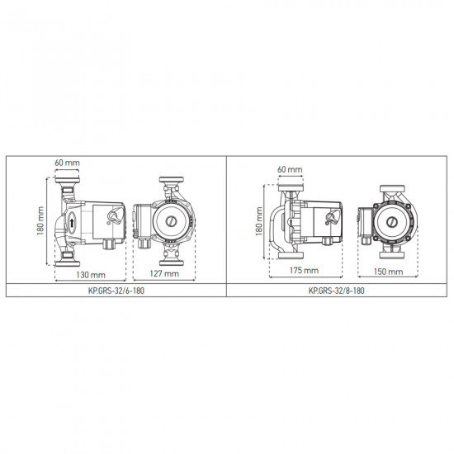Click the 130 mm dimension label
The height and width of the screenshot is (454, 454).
coord(91,275)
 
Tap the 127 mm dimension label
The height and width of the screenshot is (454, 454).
coord(164,273)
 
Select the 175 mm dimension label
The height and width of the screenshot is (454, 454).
coord(304,270)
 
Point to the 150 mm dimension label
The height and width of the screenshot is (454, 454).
coord(388,272)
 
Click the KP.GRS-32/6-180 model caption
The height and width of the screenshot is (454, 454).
coord(116,291)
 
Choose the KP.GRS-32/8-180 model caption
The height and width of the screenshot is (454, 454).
coord(337,291)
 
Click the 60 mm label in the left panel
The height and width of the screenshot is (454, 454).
coord(67,163)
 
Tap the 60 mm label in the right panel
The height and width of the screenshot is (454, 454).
coord(290,169)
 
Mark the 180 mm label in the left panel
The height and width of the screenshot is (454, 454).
coord(40,220)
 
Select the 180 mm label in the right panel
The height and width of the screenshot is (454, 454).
coord(259,221)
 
